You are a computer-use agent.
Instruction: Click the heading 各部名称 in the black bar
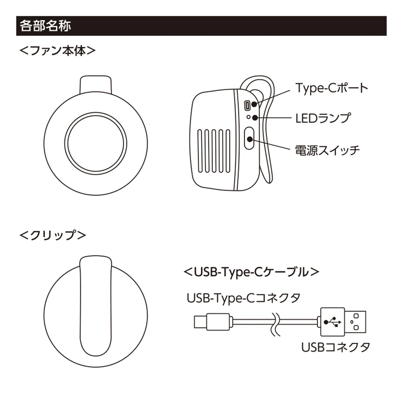pyautogui.click(x=45, y=26)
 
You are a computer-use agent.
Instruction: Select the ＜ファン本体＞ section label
pyautogui.click(x=58, y=52)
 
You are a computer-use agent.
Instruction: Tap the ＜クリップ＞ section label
pyautogui.click(x=53, y=235)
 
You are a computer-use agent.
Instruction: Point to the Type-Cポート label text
pyautogui.click(x=331, y=88)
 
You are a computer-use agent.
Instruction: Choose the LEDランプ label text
pyautogui.click(x=322, y=118)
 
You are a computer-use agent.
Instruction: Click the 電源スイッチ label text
pyautogui.click(x=327, y=150)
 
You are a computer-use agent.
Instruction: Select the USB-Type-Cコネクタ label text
pyautogui.click(x=243, y=299)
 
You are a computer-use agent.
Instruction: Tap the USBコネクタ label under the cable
pyautogui.click(x=335, y=347)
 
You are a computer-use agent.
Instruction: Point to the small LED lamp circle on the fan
pyautogui.click(x=249, y=117)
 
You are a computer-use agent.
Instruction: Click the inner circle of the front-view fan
pyautogui.click(x=95, y=143)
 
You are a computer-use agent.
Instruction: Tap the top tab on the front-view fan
pyautogui.click(x=96, y=83)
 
